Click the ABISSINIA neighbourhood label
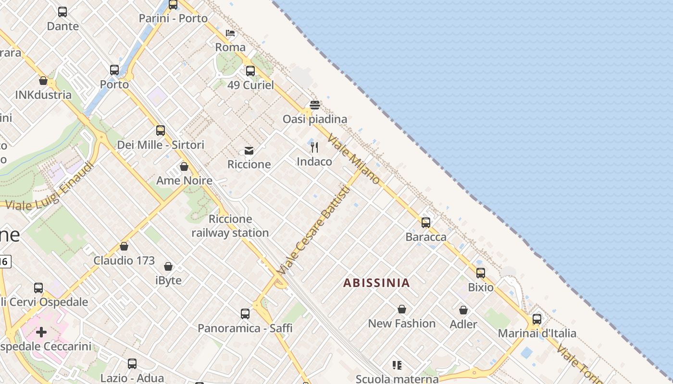tap(376, 283)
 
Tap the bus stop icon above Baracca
tap(425, 223)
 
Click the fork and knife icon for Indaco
tap(314, 147)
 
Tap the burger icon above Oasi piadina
tap(315, 105)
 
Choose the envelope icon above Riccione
tap(249, 151)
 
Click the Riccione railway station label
tap(230, 226)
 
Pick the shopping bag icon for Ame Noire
tap(184, 167)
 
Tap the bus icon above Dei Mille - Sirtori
tap(161, 131)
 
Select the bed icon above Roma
tap(230, 33)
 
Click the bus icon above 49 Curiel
tap(250, 71)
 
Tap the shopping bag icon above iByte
tap(168, 266)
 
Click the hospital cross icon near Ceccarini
tap(42, 332)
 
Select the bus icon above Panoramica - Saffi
tap(245, 314)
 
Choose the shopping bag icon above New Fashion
tap(402, 309)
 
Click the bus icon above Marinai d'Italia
tap(537, 319)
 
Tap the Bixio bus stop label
tap(481, 287)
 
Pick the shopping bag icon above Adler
tap(463, 311)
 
